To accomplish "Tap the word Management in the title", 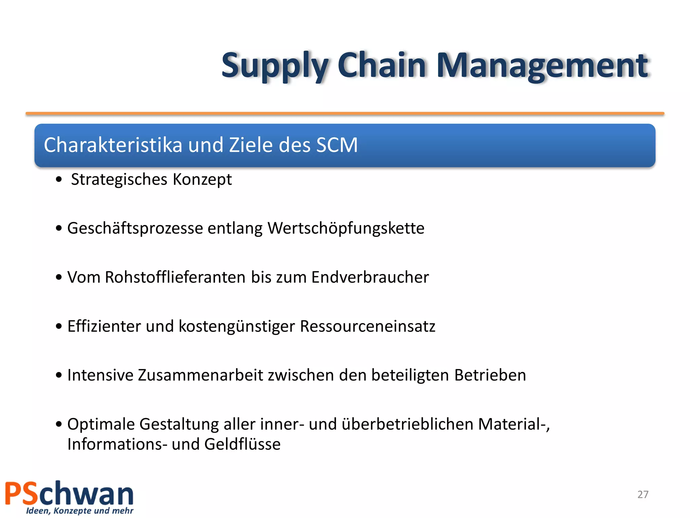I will pyautogui.click(x=542, y=66).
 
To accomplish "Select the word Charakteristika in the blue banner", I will pyautogui.click(x=113, y=145).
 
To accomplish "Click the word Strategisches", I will pyautogui.click(x=119, y=179).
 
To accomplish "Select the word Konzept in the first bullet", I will pyautogui.click(x=202, y=179).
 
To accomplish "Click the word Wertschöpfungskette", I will pyautogui.click(x=346, y=228).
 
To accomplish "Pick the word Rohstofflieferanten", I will pyautogui.click(x=175, y=277).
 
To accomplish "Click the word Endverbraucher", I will pyautogui.click(x=370, y=277).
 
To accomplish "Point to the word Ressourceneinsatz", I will pyautogui.click(x=368, y=326).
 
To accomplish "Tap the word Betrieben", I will pyautogui.click(x=490, y=375).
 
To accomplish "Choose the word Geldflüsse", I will pyautogui.click(x=242, y=444).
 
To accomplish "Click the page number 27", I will pyautogui.click(x=643, y=494).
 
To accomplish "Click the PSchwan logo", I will pyautogui.click(x=69, y=497).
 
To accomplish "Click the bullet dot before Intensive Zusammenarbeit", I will pyautogui.click(x=59, y=375).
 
